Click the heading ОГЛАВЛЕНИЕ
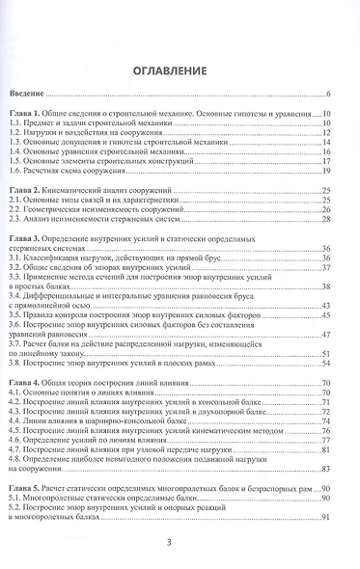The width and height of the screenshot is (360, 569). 179,70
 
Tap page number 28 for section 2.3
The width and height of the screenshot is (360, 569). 327,220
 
